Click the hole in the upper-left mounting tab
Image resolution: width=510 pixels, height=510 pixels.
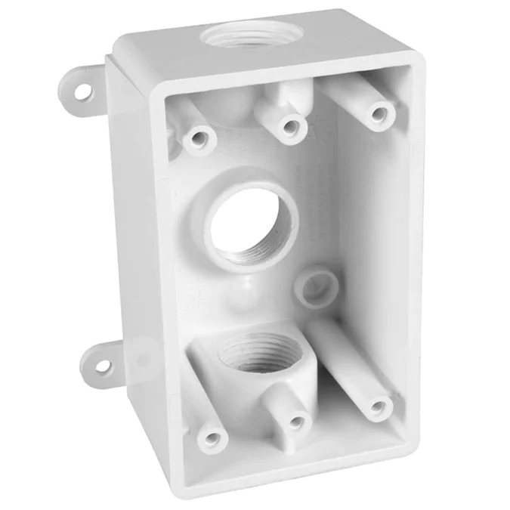(82, 91)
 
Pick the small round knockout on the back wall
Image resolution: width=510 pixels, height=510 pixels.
(317, 285)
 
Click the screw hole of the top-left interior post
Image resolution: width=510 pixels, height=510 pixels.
(199, 138)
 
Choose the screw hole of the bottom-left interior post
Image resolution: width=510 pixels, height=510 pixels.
(213, 437)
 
